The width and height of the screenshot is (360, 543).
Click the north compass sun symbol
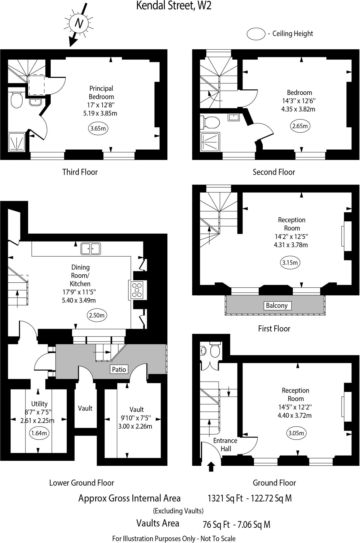[x=78, y=23]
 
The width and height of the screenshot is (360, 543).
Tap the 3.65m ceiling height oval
[x=98, y=129]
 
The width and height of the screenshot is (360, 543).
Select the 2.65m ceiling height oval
[x=300, y=126]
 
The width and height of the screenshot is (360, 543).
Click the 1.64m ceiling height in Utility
[x=39, y=433]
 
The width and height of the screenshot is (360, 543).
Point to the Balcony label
[x=277, y=305]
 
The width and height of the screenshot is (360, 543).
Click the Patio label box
[x=119, y=369]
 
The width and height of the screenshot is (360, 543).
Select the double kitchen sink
[x=91, y=249]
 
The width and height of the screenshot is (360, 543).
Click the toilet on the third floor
[x=16, y=100]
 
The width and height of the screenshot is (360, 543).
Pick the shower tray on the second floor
[x=210, y=142]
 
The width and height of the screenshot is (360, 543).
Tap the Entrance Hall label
[x=225, y=445]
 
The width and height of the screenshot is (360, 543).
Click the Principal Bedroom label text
[x=101, y=93]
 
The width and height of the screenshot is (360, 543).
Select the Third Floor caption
[x=80, y=172]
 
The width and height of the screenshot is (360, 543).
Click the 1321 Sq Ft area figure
[x=225, y=498]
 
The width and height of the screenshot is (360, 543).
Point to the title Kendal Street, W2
[x=174, y=6]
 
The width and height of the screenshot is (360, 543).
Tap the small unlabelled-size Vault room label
[x=85, y=408]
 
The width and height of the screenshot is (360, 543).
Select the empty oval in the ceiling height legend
[x=256, y=34]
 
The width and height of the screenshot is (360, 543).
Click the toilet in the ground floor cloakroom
[x=215, y=351]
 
